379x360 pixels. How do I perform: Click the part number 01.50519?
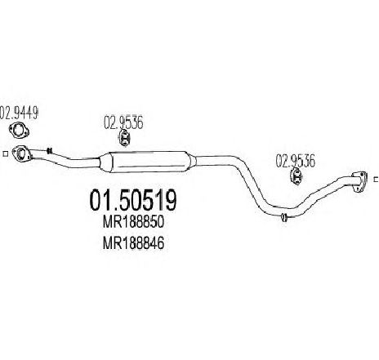(x=133, y=200)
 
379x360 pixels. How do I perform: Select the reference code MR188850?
(x=133, y=222)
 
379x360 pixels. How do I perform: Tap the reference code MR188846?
(x=133, y=242)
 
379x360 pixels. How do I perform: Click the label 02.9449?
(x=19, y=113)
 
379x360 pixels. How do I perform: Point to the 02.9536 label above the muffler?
(x=123, y=122)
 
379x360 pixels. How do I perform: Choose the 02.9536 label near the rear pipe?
(x=296, y=161)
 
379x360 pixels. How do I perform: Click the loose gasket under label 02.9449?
(x=19, y=130)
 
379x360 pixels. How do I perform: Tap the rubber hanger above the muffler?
(x=124, y=138)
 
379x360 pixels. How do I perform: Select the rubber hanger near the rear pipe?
(x=297, y=176)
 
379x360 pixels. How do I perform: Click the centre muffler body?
(x=149, y=162)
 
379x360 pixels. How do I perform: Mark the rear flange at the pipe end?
(x=359, y=182)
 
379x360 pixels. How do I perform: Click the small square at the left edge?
(x=5, y=153)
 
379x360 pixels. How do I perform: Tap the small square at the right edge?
(x=376, y=180)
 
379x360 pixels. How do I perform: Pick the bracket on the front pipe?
(x=49, y=150)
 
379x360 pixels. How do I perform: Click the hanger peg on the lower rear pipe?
(x=284, y=217)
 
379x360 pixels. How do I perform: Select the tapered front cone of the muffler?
(x=104, y=162)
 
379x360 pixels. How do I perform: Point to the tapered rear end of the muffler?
(x=192, y=161)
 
